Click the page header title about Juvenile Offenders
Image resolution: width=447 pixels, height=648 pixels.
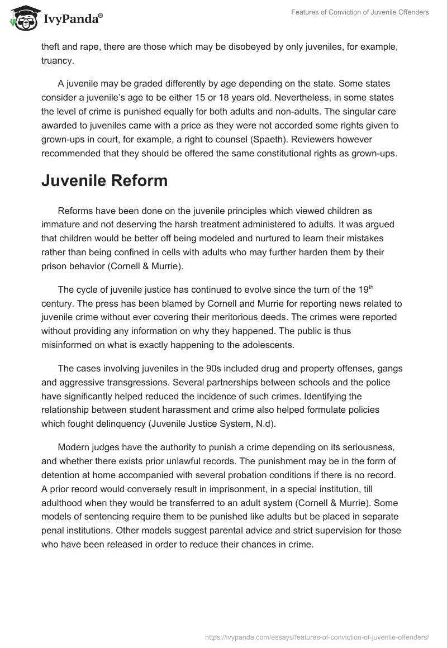(x=360, y=12)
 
